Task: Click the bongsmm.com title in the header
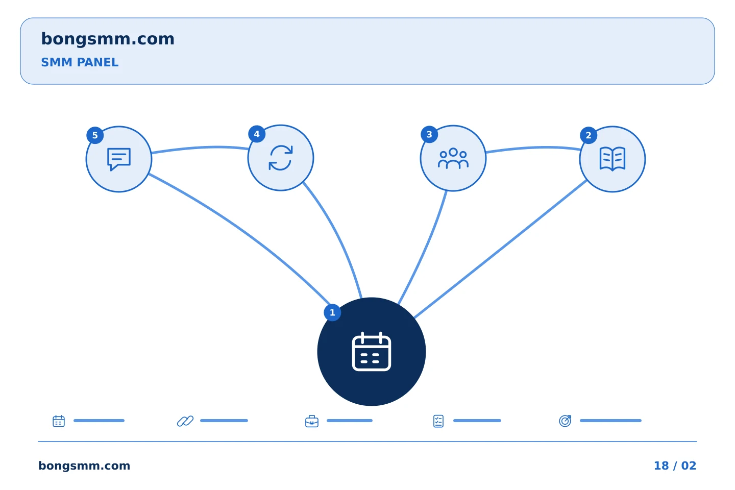coord(108,39)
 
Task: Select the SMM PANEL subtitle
coord(80,62)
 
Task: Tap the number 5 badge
coord(95,136)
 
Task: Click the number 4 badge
coord(257,134)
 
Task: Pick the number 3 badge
coord(429,135)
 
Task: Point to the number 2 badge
coord(589,136)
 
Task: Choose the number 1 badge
coord(332,312)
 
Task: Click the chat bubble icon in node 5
coord(119,159)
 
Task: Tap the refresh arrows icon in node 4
coord(281,158)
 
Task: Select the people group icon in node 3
coord(453,158)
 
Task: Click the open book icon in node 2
coord(612,159)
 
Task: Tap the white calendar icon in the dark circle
coord(372,352)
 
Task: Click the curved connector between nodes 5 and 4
coord(200,148)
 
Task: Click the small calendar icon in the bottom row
coord(59,421)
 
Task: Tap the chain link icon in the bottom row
coord(185,421)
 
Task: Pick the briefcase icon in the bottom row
coord(312,422)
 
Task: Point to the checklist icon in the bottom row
coord(438,421)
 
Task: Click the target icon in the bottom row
coord(565,421)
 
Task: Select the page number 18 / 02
coord(675,465)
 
